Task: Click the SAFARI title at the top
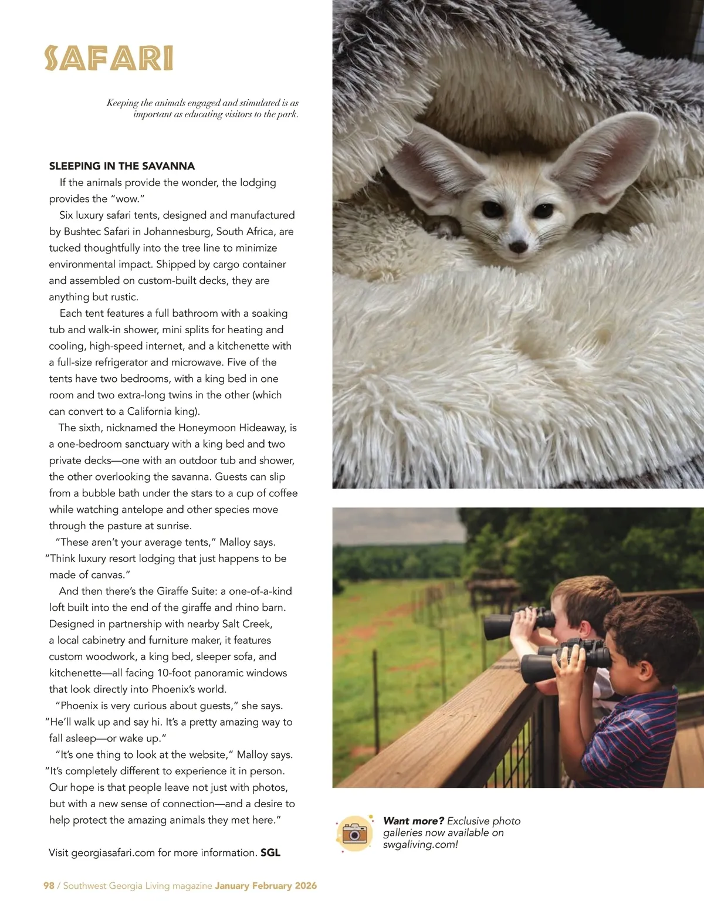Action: pos(109,59)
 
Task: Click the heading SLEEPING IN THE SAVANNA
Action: pos(121,166)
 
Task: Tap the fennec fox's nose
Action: pos(518,247)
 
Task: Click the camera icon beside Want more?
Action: pos(354,833)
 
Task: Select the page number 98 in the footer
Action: pos(49,886)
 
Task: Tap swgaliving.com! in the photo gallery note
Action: pos(420,845)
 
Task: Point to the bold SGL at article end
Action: pos(270,853)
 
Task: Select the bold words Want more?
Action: pos(413,821)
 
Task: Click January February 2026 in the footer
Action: pos(266,886)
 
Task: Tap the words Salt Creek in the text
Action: pos(247,624)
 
